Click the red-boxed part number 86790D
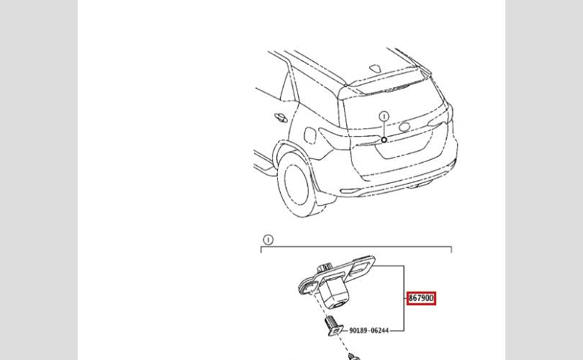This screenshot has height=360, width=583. click(421, 297)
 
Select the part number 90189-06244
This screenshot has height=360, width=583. click(369, 330)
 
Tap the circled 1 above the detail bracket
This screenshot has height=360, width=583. click(268, 240)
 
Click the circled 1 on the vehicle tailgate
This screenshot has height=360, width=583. click(384, 117)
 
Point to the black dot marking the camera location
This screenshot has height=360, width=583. click(384, 140)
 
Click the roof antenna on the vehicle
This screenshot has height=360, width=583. click(376, 68)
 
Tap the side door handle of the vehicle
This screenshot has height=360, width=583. click(279, 117)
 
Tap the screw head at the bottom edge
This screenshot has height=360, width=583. click(353, 356)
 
